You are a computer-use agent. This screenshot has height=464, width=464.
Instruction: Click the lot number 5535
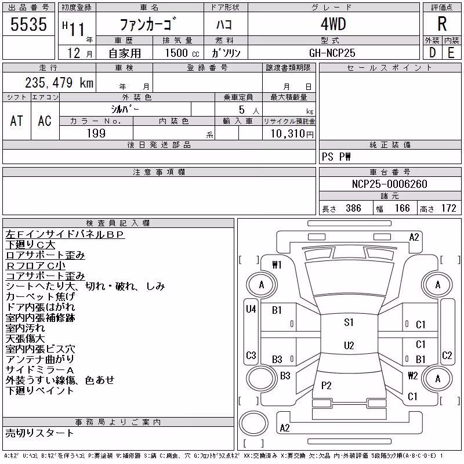click(x=28, y=24)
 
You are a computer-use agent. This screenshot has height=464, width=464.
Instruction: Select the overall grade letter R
click(x=442, y=24)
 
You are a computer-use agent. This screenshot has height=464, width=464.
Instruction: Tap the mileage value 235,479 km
click(x=59, y=82)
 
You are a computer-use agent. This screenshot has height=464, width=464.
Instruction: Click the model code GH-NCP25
click(x=332, y=53)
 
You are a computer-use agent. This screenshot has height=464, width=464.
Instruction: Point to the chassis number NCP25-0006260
click(x=389, y=184)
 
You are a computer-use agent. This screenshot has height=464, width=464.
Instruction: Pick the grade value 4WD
click(x=333, y=24)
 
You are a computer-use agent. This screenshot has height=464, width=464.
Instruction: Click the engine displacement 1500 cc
click(x=182, y=53)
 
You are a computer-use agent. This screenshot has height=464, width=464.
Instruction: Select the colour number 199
click(x=96, y=133)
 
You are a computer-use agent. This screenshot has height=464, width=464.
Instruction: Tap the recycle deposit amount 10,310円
click(x=292, y=133)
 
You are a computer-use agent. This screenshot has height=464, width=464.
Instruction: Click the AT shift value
click(x=17, y=121)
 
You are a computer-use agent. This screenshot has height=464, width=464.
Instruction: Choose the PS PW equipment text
click(x=336, y=157)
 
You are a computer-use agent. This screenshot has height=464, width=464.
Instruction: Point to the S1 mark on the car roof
click(x=349, y=322)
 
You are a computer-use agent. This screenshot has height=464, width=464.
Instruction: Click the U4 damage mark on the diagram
click(x=251, y=309)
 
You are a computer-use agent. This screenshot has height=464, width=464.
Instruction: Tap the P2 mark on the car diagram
click(x=326, y=385)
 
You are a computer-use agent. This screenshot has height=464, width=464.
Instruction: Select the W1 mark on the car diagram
click(x=277, y=265)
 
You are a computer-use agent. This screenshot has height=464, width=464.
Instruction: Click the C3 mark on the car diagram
click(x=251, y=355)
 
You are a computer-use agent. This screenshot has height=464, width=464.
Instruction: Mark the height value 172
click(x=448, y=208)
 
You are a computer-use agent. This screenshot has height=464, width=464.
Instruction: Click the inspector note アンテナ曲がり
click(x=40, y=359)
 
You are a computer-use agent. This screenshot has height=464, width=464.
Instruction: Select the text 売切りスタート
click(x=39, y=433)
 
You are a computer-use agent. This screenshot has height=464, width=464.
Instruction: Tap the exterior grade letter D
click(x=432, y=53)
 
